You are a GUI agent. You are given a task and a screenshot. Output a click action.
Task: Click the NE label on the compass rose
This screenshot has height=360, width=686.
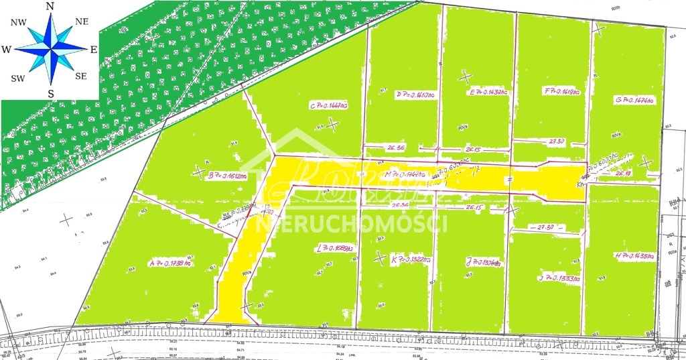82,21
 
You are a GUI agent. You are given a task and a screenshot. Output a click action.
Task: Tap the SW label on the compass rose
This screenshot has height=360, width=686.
18,78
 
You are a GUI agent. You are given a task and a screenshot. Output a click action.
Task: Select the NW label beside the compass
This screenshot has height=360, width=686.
18,21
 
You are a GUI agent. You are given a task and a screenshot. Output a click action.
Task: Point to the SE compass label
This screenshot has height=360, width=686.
81,76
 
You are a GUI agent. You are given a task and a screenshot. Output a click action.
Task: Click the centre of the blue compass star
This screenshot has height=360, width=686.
50,49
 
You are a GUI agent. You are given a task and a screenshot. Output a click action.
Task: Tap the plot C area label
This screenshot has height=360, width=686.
328,105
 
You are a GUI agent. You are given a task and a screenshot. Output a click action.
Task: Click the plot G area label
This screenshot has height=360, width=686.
635,100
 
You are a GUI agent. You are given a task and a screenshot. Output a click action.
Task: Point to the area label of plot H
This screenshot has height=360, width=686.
633,255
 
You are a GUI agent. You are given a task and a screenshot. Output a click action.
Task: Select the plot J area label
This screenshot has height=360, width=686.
484,261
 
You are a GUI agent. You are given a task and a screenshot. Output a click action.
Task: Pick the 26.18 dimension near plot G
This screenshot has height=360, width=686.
623,174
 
